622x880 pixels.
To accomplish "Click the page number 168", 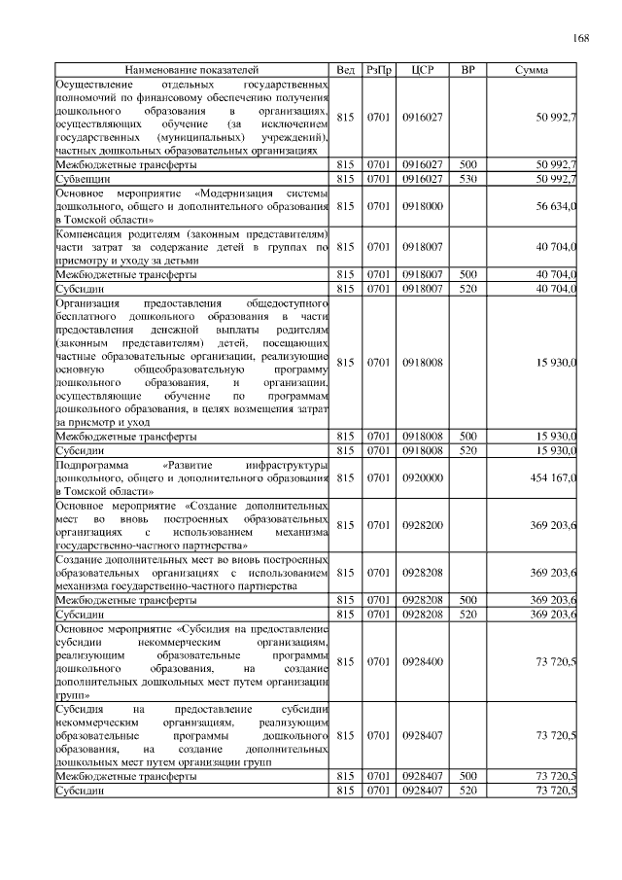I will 580,38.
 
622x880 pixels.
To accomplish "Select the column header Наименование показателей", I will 191,71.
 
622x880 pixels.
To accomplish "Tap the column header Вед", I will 345,71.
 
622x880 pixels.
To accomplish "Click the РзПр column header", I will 378,71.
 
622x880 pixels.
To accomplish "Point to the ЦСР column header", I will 422,71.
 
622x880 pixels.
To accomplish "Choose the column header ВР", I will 467,71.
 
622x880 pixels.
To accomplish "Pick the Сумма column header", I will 531,71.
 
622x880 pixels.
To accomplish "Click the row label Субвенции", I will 83,179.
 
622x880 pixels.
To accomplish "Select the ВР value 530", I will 467,179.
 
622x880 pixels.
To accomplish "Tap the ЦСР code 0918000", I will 422,207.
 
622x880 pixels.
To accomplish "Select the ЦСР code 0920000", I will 422,478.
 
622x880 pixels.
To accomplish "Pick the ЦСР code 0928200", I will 422,526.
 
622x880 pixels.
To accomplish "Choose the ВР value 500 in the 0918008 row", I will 467,437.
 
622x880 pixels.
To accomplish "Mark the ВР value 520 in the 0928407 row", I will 467,792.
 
